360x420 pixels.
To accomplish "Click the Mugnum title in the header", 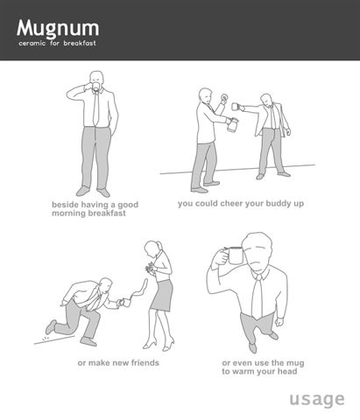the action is [x=58, y=29].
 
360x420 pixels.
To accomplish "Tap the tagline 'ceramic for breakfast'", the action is [x=57, y=44].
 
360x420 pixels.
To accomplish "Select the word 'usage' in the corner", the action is [x=317, y=400].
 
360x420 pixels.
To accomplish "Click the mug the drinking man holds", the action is [x=96, y=86].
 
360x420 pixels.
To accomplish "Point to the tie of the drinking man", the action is [x=95, y=108].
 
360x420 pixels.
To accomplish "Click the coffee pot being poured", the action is [x=232, y=125].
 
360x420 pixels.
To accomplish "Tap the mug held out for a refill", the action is [x=236, y=107].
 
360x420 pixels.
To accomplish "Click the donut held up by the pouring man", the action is [x=224, y=97].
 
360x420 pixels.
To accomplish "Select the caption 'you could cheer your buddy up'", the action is [x=241, y=204].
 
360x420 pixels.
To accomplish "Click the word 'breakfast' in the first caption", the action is [x=107, y=213].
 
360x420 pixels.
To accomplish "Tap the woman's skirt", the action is [x=162, y=296].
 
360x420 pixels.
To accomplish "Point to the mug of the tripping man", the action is [x=126, y=303].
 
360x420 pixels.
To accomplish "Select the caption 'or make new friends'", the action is [x=118, y=363].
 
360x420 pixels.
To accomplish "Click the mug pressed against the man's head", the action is [x=235, y=255].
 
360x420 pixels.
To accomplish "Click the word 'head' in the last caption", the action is [x=287, y=371].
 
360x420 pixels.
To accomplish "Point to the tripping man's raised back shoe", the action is [x=51, y=327].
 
